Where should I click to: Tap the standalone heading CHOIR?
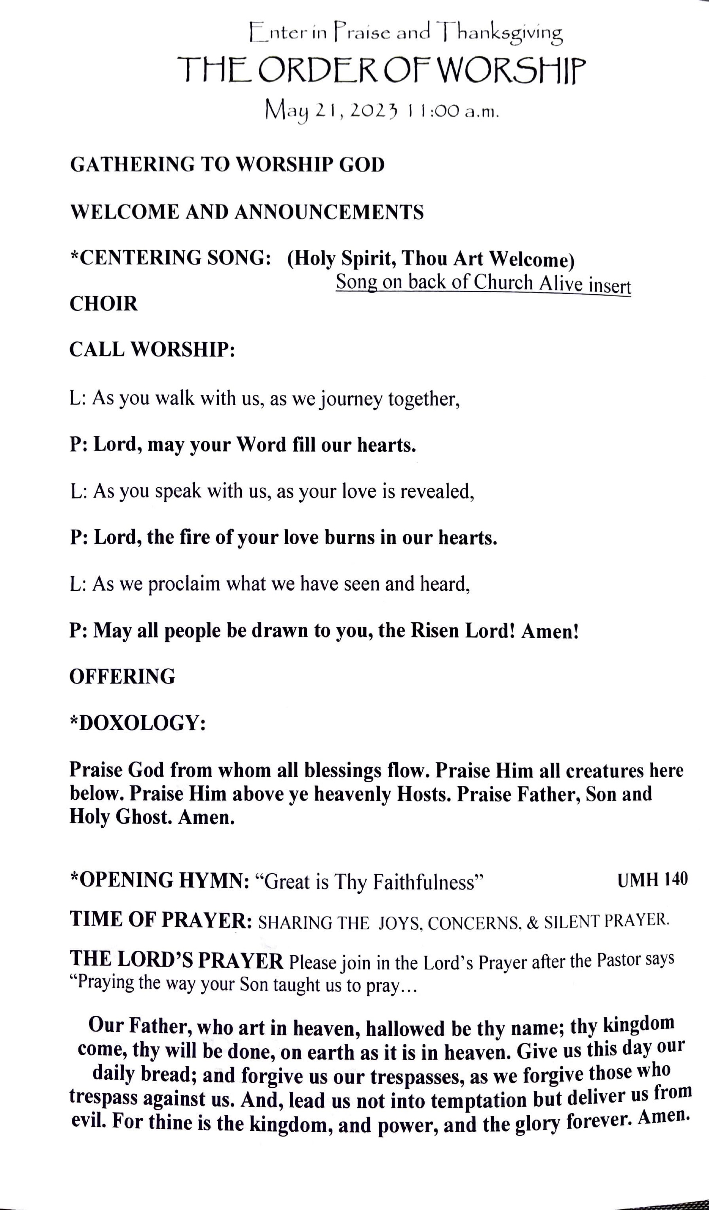tap(104, 304)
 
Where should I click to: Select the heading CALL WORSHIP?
tap(152, 350)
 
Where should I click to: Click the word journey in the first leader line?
tap(352, 399)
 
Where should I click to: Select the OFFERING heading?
tap(122, 677)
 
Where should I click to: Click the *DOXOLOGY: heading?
tap(138, 723)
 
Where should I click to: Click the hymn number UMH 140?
tap(652, 879)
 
